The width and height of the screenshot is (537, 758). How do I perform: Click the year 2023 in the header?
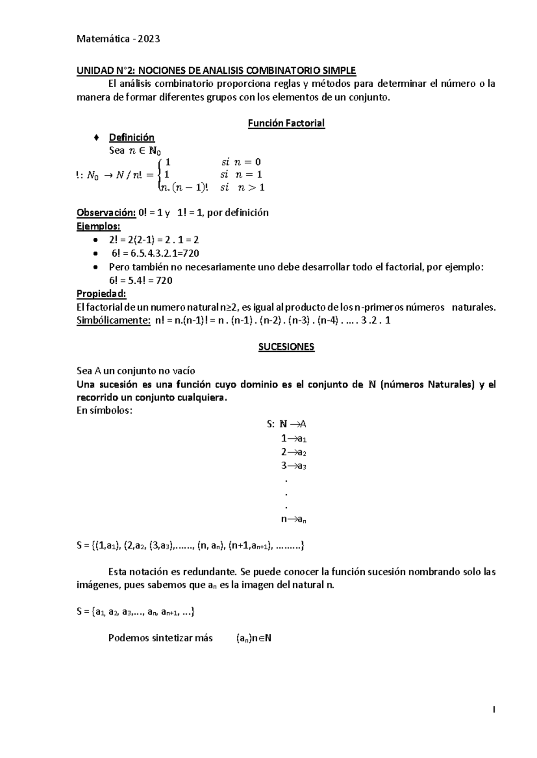149,39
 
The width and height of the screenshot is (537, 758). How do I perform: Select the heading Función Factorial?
286,123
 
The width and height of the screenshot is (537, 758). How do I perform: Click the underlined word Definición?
132,137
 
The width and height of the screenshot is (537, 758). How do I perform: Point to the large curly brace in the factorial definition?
161,175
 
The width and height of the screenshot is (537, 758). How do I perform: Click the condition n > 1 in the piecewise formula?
251,188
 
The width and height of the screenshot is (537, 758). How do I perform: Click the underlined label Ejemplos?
98,226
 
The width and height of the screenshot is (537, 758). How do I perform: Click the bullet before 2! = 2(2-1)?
94,240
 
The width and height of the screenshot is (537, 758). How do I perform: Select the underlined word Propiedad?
102,294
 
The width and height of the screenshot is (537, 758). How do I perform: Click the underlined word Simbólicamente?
113,320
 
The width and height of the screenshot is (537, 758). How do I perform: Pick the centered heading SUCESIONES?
286,347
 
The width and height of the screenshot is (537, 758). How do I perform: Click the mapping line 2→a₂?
293,452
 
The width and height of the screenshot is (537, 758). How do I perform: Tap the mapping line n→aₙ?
293,519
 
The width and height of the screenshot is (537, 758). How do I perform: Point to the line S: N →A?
286,424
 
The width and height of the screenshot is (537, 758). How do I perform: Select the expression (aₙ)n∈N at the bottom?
254,638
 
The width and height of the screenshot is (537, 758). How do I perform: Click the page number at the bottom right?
494,709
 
